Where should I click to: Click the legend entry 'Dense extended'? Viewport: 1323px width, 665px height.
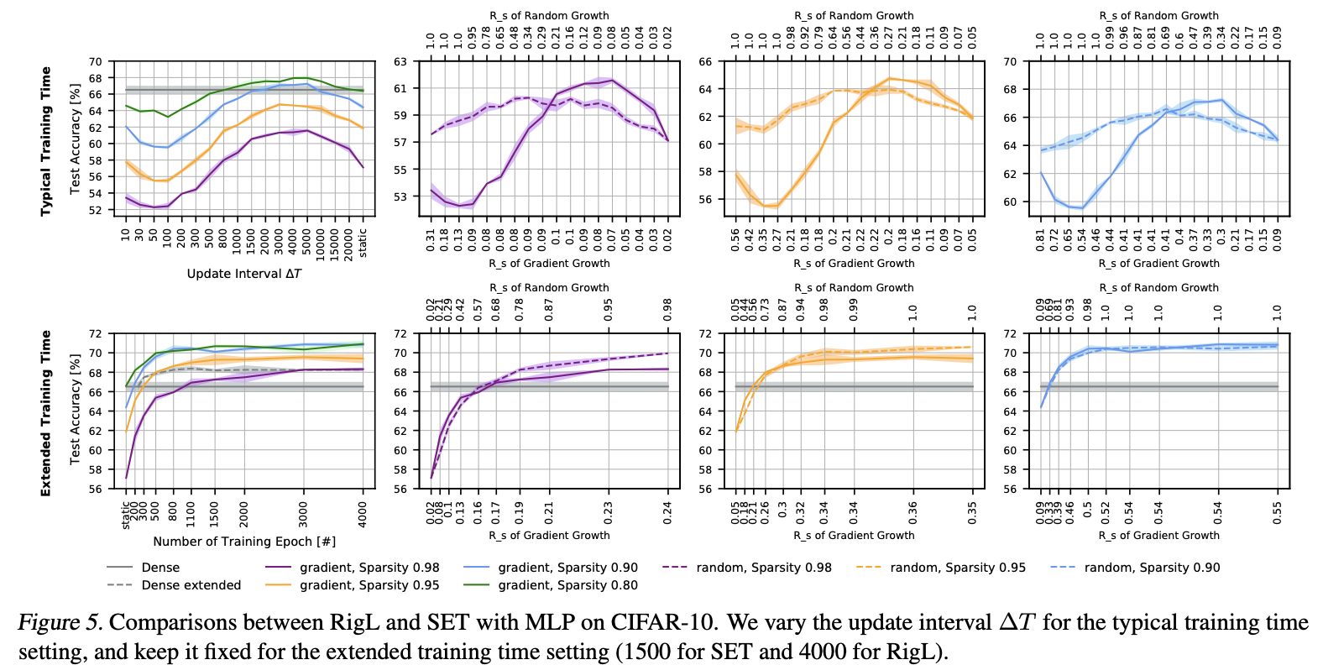pyautogui.click(x=191, y=585)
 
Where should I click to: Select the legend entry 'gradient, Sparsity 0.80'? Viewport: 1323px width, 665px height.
pyautogui.click(x=567, y=585)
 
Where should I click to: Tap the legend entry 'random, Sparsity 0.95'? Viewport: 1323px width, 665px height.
pyautogui.click(x=958, y=568)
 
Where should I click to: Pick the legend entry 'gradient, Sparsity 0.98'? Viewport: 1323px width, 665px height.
pyautogui.click(x=369, y=568)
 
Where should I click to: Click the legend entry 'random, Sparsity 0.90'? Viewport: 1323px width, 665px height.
pyautogui.click(x=1152, y=568)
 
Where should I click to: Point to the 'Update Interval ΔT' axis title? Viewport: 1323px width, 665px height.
pyautogui.click(x=243, y=274)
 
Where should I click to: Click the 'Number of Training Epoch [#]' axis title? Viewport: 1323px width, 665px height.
pyautogui.click(x=244, y=542)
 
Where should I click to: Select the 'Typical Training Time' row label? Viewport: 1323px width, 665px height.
pyautogui.click(x=46, y=141)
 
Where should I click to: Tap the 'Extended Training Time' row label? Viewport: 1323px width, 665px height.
pyautogui.click(x=46, y=412)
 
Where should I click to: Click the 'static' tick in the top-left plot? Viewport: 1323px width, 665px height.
pyautogui.click(x=363, y=243)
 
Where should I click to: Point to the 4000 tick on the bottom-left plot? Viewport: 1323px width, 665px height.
pyautogui.click(x=363, y=513)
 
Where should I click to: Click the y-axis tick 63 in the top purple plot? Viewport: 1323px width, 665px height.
pyautogui.click(x=400, y=61)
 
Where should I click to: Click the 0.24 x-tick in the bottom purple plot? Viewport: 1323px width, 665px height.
pyautogui.click(x=668, y=513)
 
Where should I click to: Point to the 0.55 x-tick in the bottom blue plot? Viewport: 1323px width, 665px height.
pyautogui.click(x=1278, y=513)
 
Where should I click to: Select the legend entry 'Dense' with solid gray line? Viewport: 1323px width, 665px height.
pyautogui.click(x=160, y=568)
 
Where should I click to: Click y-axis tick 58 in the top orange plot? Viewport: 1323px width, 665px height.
pyautogui.click(x=704, y=172)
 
